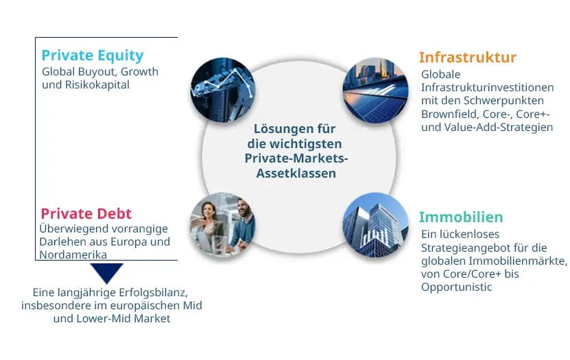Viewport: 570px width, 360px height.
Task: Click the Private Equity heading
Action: (x=92, y=56)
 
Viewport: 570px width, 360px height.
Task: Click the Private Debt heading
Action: (x=86, y=213)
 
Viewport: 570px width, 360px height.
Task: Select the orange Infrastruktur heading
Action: (x=467, y=57)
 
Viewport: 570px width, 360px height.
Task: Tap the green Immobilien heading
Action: (x=460, y=217)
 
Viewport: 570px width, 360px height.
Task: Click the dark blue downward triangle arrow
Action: (x=106, y=273)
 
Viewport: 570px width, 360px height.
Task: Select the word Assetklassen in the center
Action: (x=296, y=173)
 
